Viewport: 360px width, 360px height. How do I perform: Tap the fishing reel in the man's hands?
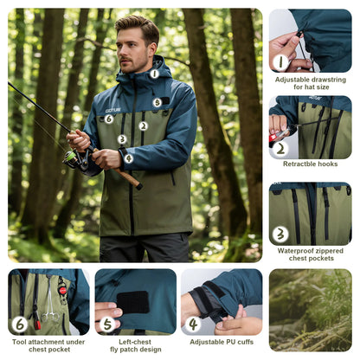click(x=72, y=157)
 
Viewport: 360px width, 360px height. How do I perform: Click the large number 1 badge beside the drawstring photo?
click(x=280, y=61)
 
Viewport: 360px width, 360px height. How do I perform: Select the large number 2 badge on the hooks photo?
click(x=280, y=147)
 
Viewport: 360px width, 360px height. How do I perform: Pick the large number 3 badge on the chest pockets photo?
click(x=280, y=234)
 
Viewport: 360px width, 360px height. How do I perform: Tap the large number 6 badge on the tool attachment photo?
click(x=20, y=325)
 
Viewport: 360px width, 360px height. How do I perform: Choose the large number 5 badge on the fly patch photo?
click(x=106, y=325)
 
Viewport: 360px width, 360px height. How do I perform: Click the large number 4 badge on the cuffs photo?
click(x=193, y=325)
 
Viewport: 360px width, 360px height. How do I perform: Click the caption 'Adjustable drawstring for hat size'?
click(x=310, y=83)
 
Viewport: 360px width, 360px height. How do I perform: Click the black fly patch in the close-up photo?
click(x=133, y=301)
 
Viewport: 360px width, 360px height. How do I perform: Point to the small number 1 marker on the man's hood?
click(x=154, y=74)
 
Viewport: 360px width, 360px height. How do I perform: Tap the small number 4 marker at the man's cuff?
click(x=128, y=158)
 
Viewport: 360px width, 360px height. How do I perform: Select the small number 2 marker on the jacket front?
click(x=144, y=126)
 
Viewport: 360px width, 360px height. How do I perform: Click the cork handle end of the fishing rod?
click(x=132, y=182)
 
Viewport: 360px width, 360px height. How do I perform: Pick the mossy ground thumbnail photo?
click(x=310, y=309)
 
